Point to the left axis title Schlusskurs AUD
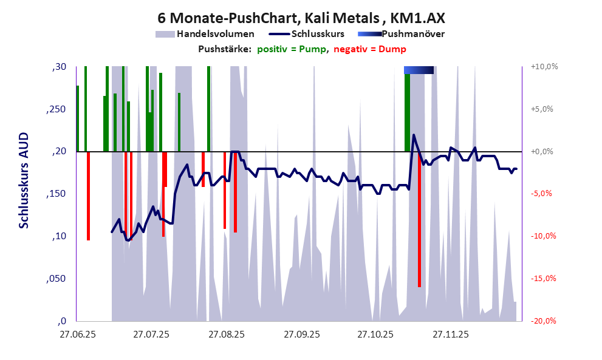[24, 181]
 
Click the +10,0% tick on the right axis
[544, 67]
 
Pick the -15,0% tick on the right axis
[544, 279]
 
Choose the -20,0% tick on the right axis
[544, 321]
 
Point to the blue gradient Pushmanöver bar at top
[419, 70]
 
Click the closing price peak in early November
[414, 135]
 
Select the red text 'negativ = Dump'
[370, 49]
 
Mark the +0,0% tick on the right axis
[544, 152]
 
